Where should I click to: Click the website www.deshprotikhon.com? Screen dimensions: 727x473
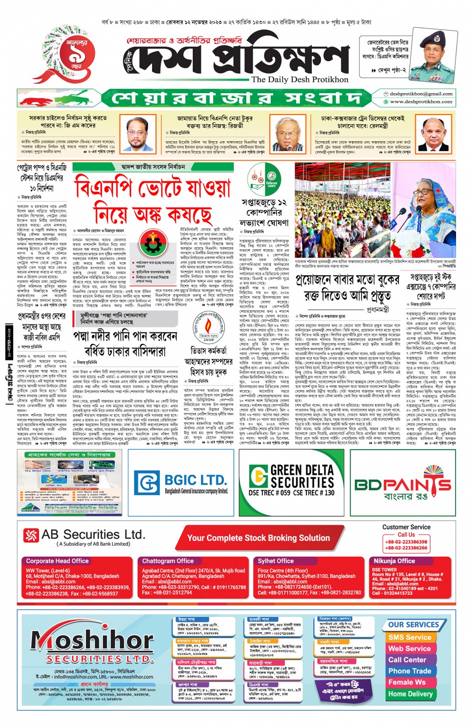pos(421,102)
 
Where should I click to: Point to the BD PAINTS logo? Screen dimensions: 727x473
pos(403,485)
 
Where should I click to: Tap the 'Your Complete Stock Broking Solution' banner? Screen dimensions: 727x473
pos(258,538)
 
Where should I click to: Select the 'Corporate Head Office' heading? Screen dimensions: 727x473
pos(58,561)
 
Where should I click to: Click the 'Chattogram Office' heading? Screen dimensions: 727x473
pos(168,561)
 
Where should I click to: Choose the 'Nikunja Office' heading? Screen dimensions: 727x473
pos(394,561)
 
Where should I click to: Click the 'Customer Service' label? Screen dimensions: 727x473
pos(406,527)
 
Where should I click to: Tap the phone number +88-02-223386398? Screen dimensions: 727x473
pos(406,542)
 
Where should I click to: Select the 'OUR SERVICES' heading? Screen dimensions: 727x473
pos(413,624)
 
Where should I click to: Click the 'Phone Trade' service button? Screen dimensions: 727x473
pos(409,671)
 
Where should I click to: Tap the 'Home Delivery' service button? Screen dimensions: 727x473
pos(410,694)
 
